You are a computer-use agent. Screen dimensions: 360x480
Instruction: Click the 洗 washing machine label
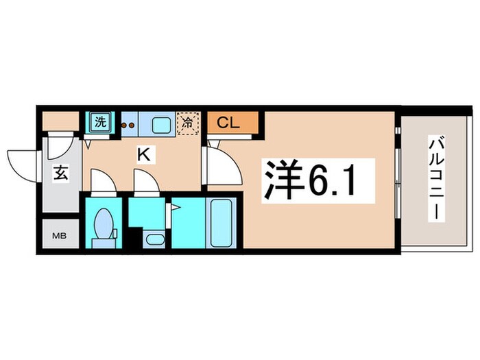point(101,123)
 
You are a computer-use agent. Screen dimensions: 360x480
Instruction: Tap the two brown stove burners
point(128,125)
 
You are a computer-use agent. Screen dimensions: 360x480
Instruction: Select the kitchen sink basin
point(161,125)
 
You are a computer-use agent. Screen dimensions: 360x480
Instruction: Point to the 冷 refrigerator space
point(187,123)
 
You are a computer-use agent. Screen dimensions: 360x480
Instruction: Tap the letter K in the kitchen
point(143,155)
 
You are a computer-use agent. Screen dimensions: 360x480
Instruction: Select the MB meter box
point(59,237)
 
